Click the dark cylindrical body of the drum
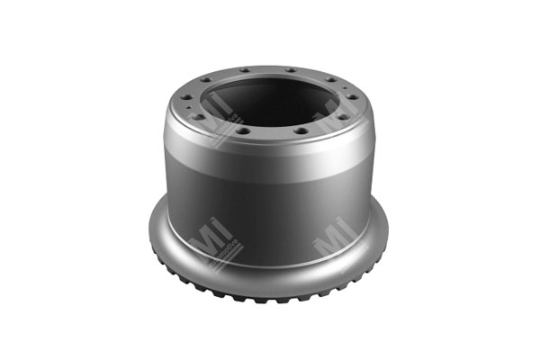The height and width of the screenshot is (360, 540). [270, 211]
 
